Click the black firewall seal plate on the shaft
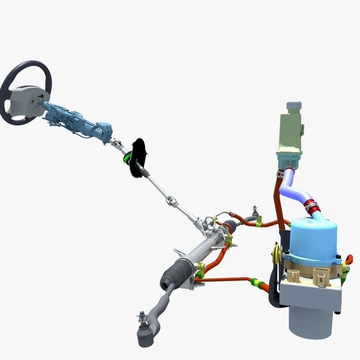coord(138,158)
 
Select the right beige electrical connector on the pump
coord(321,276)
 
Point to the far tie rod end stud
coord(255,209)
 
